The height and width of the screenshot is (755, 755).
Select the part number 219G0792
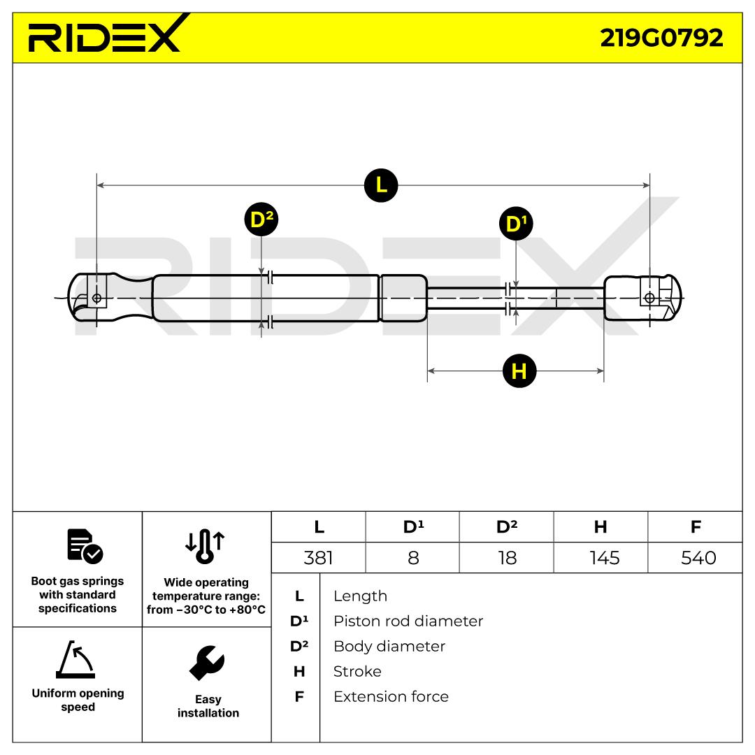tap(661, 38)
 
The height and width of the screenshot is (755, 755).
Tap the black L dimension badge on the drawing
tap(381, 185)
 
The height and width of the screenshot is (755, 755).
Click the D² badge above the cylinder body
tap(261, 220)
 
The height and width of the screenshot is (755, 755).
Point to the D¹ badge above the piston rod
tap(516, 224)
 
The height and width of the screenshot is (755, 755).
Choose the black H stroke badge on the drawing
tap(519, 371)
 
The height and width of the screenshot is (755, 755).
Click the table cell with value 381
tap(319, 558)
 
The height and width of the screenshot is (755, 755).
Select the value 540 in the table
tap(696, 558)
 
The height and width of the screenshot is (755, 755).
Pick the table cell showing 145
tap(601, 558)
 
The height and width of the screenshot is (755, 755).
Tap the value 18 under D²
tap(506, 558)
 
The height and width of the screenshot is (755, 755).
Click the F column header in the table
tap(696, 527)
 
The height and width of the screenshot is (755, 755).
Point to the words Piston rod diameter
tap(408, 621)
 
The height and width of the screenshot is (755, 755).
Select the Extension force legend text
tap(391, 696)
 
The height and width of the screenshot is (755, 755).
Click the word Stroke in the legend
tap(357, 671)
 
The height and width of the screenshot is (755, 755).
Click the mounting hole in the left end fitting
tap(96, 299)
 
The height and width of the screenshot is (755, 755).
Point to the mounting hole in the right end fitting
tap(649, 299)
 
